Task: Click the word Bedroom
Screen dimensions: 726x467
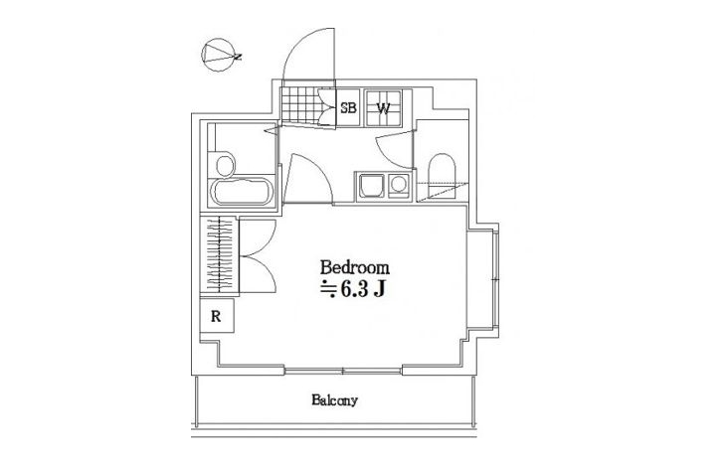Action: [355, 267]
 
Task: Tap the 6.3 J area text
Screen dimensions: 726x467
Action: [363, 289]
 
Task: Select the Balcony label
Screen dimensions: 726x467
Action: [334, 400]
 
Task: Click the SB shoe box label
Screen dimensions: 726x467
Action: [348, 107]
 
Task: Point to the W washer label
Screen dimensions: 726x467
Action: [383, 108]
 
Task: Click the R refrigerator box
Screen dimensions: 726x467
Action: [217, 316]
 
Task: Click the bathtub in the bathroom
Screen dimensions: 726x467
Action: [241, 192]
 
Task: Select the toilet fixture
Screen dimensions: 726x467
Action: [442, 176]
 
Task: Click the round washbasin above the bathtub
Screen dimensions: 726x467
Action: [225, 166]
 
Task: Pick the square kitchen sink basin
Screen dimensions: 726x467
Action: [370, 186]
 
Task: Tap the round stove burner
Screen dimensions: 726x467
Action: [398, 184]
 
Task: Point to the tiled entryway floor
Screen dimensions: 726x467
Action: [300, 104]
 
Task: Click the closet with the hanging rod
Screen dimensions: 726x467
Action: [219, 254]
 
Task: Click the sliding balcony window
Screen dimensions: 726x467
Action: [343, 371]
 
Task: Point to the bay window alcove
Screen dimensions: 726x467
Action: [482, 280]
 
